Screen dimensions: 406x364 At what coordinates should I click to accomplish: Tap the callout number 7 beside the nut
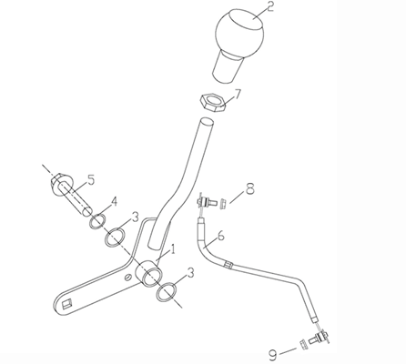click(x=237, y=95)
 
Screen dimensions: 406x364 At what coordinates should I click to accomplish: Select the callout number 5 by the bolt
click(x=90, y=179)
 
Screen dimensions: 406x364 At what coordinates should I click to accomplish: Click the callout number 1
click(x=173, y=249)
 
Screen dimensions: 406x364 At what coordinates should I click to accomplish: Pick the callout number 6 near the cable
click(x=220, y=236)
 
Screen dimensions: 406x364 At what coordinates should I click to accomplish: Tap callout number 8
click(x=250, y=189)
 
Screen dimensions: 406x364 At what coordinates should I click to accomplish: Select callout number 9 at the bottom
click(x=273, y=355)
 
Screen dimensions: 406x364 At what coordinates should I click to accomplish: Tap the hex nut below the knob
click(x=212, y=103)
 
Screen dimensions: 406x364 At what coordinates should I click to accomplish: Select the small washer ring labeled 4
click(x=97, y=222)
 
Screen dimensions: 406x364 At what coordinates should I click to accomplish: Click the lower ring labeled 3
click(x=167, y=292)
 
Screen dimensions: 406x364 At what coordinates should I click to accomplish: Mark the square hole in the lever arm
click(x=67, y=304)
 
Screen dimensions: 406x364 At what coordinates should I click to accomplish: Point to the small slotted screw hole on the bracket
click(x=128, y=277)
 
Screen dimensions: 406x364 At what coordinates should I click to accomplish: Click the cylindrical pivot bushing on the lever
click(x=149, y=273)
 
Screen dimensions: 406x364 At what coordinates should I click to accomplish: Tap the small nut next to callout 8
click(x=223, y=203)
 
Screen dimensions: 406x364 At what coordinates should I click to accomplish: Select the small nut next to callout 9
click(x=302, y=344)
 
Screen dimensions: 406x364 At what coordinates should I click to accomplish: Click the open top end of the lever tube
click(x=206, y=123)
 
